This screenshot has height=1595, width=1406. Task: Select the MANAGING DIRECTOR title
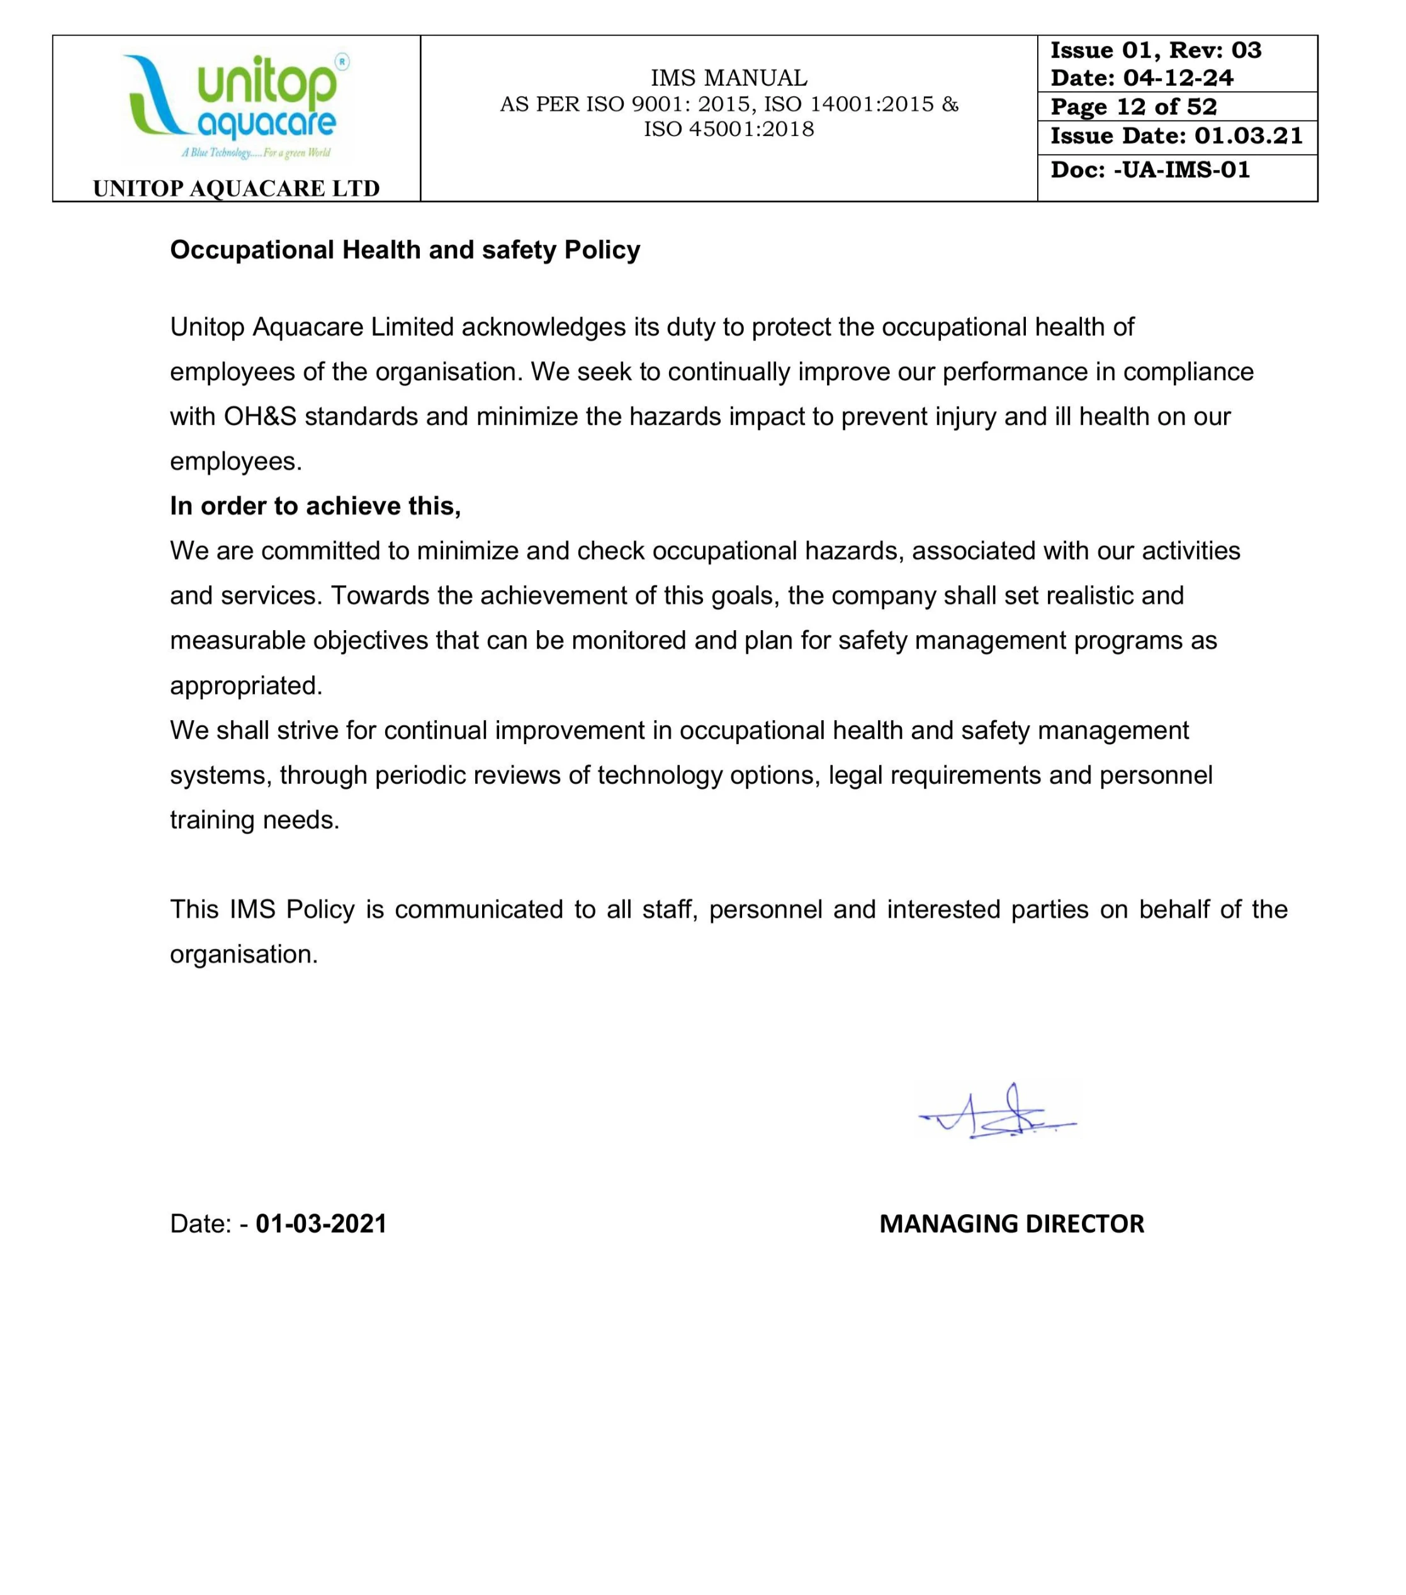tap(1011, 1223)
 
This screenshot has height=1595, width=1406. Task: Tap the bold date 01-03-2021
tap(321, 1223)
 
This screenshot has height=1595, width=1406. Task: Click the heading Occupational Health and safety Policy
tap(405, 250)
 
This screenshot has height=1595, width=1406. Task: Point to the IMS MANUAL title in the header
tap(729, 78)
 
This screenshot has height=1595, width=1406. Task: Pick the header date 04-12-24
tap(1178, 78)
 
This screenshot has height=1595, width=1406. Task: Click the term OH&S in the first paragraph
tap(260, 417)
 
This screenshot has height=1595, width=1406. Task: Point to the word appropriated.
tap(246, 686)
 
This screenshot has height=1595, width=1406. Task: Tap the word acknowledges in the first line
tap(543, 327)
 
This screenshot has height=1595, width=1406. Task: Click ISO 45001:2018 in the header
tap(729, 130)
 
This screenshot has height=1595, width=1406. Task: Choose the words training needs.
tap(254, 820)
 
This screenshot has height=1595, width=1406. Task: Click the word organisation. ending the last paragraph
tap(244, 954)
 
